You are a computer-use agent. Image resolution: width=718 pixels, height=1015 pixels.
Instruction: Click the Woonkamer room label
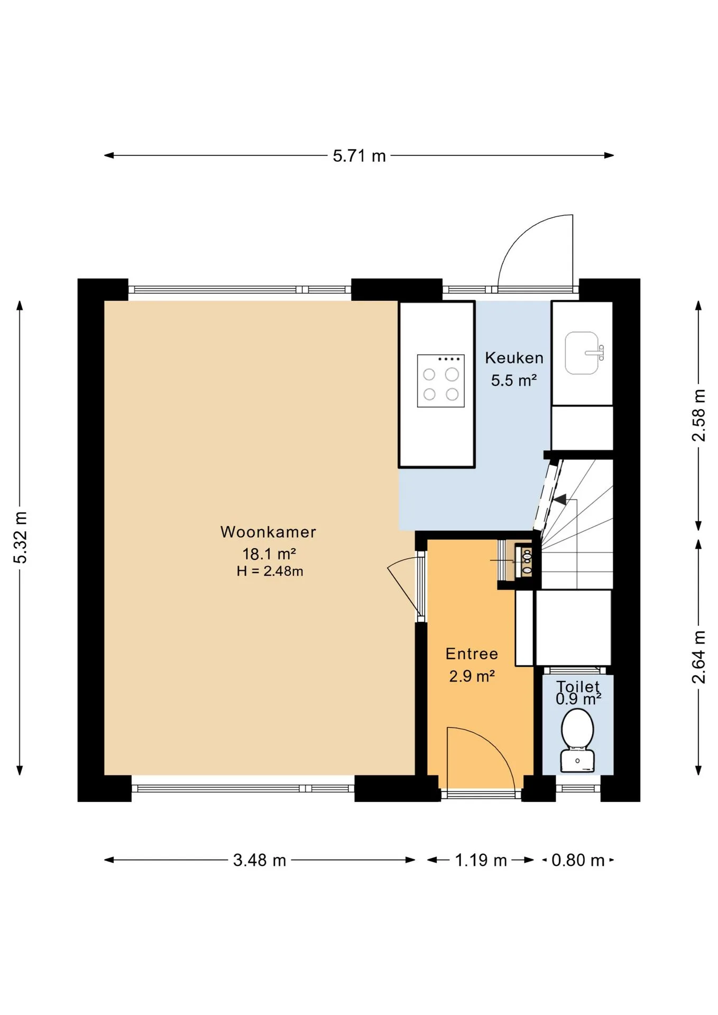click(x=268, y=532)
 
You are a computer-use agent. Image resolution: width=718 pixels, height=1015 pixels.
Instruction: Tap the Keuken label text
click(x=514, y=358)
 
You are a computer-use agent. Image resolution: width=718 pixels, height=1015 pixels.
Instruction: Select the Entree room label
click(x=472, y=654)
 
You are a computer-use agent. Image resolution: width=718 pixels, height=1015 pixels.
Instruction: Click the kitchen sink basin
click(x=582, y=353)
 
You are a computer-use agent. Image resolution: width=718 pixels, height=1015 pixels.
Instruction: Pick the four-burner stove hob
click(x=440, y=381)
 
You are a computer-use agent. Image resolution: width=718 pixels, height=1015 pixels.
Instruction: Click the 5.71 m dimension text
click(x=359, y=156)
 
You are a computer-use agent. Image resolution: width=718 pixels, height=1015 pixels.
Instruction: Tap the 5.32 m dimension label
click(x=20, y=538)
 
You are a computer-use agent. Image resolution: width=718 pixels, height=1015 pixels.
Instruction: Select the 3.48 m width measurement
click(x=260, y=860)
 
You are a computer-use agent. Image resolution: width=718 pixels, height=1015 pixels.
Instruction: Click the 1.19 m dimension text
click(x=481, y=860)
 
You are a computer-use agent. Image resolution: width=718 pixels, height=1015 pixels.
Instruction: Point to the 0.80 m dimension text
click(x=578, y=860)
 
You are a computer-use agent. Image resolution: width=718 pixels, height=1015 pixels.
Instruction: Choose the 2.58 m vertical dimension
click(x=698, y=415)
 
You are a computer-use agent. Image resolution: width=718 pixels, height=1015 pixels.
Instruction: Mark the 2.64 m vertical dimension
click(x=698, y=657)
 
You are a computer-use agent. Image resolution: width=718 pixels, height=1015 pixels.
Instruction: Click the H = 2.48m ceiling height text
click(x=270, y=571)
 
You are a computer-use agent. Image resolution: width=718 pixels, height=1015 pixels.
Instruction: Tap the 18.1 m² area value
click(x=269, y=553)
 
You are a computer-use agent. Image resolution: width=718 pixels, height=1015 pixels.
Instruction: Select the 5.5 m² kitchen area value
click(x=514, y=380)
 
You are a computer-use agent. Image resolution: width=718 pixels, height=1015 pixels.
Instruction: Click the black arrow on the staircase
click(x=559, y=499)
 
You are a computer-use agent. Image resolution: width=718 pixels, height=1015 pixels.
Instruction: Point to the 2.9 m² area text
click(x=472, y=676)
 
